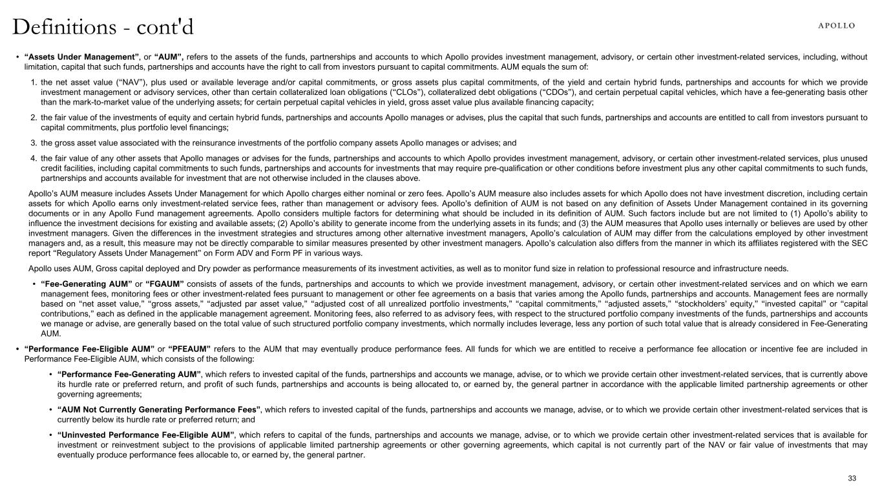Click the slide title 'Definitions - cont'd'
pyautogui.click(x=103, y=27)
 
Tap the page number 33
pyautogui.click(x=852, y=478)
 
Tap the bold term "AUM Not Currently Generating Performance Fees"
pyautogui.click(x=159, y=409)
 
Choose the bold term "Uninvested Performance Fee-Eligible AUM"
pyautogui.click(x=145, y=435)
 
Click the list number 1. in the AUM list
pyautogui.click(x=33, y=83)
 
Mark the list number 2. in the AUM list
pyautogui.click(x=33, y=117)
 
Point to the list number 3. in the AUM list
pyautogui.click(x=33, y=143)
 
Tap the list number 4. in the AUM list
pyautogui.click(x=33, y=158)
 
